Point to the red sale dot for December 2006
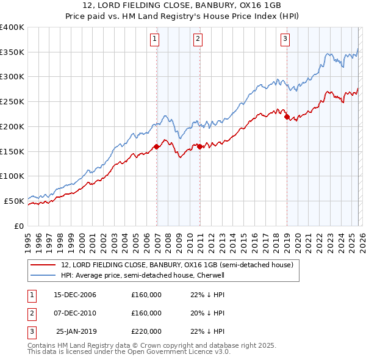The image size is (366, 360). (157, 146)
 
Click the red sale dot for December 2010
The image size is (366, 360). (199, 146)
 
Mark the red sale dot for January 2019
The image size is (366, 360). (287, 117)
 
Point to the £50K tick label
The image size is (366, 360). (14, 201)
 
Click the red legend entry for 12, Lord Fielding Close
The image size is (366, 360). (178, 265)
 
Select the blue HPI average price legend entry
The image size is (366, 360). (143, 275)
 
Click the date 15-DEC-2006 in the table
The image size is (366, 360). (75, 295)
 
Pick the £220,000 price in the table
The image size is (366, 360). (146, 331)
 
